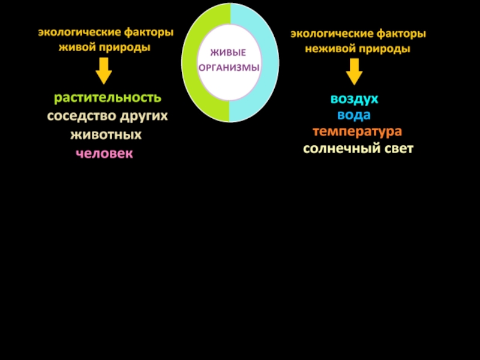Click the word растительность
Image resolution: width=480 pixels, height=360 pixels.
coord(107,97)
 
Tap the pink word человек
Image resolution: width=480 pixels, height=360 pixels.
coord(104,154)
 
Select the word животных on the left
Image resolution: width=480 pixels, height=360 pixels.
coord(106,135)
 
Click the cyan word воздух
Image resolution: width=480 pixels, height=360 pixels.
coord(354,99)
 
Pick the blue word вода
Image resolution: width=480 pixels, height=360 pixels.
coord(353,115)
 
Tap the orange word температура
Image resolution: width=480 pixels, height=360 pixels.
coord(357,131)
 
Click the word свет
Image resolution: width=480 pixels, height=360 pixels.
coord(398,148)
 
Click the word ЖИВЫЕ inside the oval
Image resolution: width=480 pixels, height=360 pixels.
coord(230,55)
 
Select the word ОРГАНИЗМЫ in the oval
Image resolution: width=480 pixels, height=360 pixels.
coord(230,68)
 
